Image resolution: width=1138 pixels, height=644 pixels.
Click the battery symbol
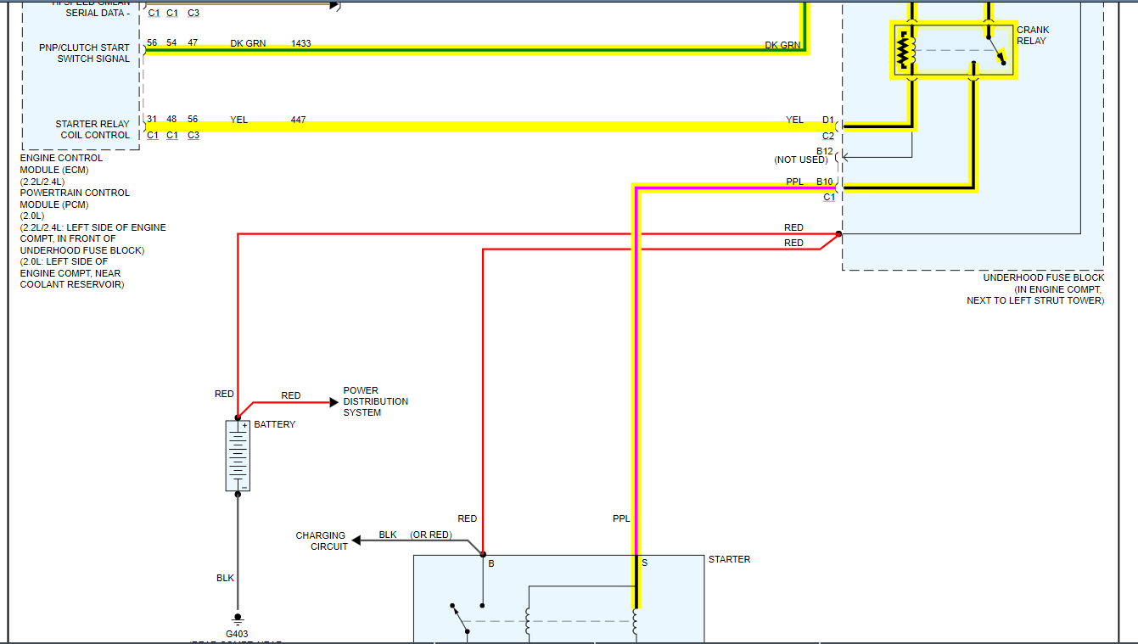(238, 456)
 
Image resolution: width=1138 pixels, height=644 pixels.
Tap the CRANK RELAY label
(1033, 36)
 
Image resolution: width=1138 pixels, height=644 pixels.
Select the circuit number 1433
(300, 42)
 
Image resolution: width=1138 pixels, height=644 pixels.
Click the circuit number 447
(298, 120)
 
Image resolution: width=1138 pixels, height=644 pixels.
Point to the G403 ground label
(237, 633)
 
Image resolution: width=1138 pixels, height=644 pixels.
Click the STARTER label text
(729, 560)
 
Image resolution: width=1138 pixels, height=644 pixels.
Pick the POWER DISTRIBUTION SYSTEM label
(375, 401)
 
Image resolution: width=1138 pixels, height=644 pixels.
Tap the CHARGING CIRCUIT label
(321, 541)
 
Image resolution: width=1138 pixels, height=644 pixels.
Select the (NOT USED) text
(800, 160)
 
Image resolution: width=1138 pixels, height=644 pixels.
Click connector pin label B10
(825, 182)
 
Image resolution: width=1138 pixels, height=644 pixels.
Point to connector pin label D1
(827, 120)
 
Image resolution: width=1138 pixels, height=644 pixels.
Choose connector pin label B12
(825, 151)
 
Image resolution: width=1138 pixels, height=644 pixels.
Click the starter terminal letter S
(645, 563)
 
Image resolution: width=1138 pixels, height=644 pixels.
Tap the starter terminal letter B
(491, 563)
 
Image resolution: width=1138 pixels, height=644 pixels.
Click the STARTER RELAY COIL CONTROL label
(92, 130)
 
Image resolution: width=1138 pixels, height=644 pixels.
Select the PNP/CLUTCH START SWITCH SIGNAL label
(85, 53)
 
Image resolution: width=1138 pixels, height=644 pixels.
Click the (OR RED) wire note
(430, 535)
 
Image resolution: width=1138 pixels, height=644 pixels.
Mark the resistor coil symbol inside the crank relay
(903, 51)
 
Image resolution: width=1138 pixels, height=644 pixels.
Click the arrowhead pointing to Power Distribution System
(334, 402)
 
